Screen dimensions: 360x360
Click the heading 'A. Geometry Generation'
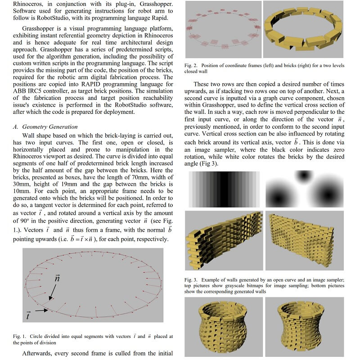coord(45,127)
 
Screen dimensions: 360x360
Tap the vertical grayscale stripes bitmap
coord(224,189)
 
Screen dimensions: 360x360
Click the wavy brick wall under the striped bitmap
coord(223,241)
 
